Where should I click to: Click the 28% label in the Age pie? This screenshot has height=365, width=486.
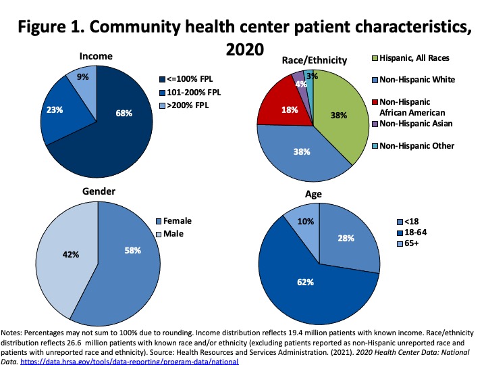(x=345, y=237)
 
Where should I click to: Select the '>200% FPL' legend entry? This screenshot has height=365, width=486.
(x=184, y=106)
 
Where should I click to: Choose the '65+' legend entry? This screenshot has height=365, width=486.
(x=409, y=243)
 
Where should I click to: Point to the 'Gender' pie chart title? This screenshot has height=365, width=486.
(x=99, y=191)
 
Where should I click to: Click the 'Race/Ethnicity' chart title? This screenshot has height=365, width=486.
(x=314, y=61)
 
